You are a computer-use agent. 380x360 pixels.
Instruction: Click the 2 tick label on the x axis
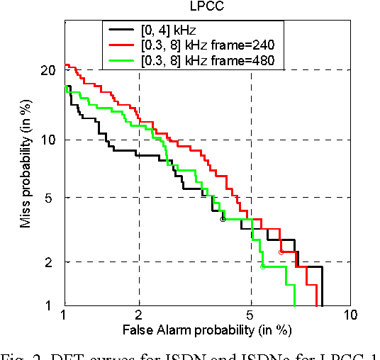coord(139,317)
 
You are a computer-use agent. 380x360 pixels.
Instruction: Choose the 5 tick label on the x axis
coord(251,317)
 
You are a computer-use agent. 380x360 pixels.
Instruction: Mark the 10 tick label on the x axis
coord(347,317)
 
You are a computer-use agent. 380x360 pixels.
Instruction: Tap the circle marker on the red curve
coord(281,252)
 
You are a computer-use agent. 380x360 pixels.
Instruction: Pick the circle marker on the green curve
coord(263,266)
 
